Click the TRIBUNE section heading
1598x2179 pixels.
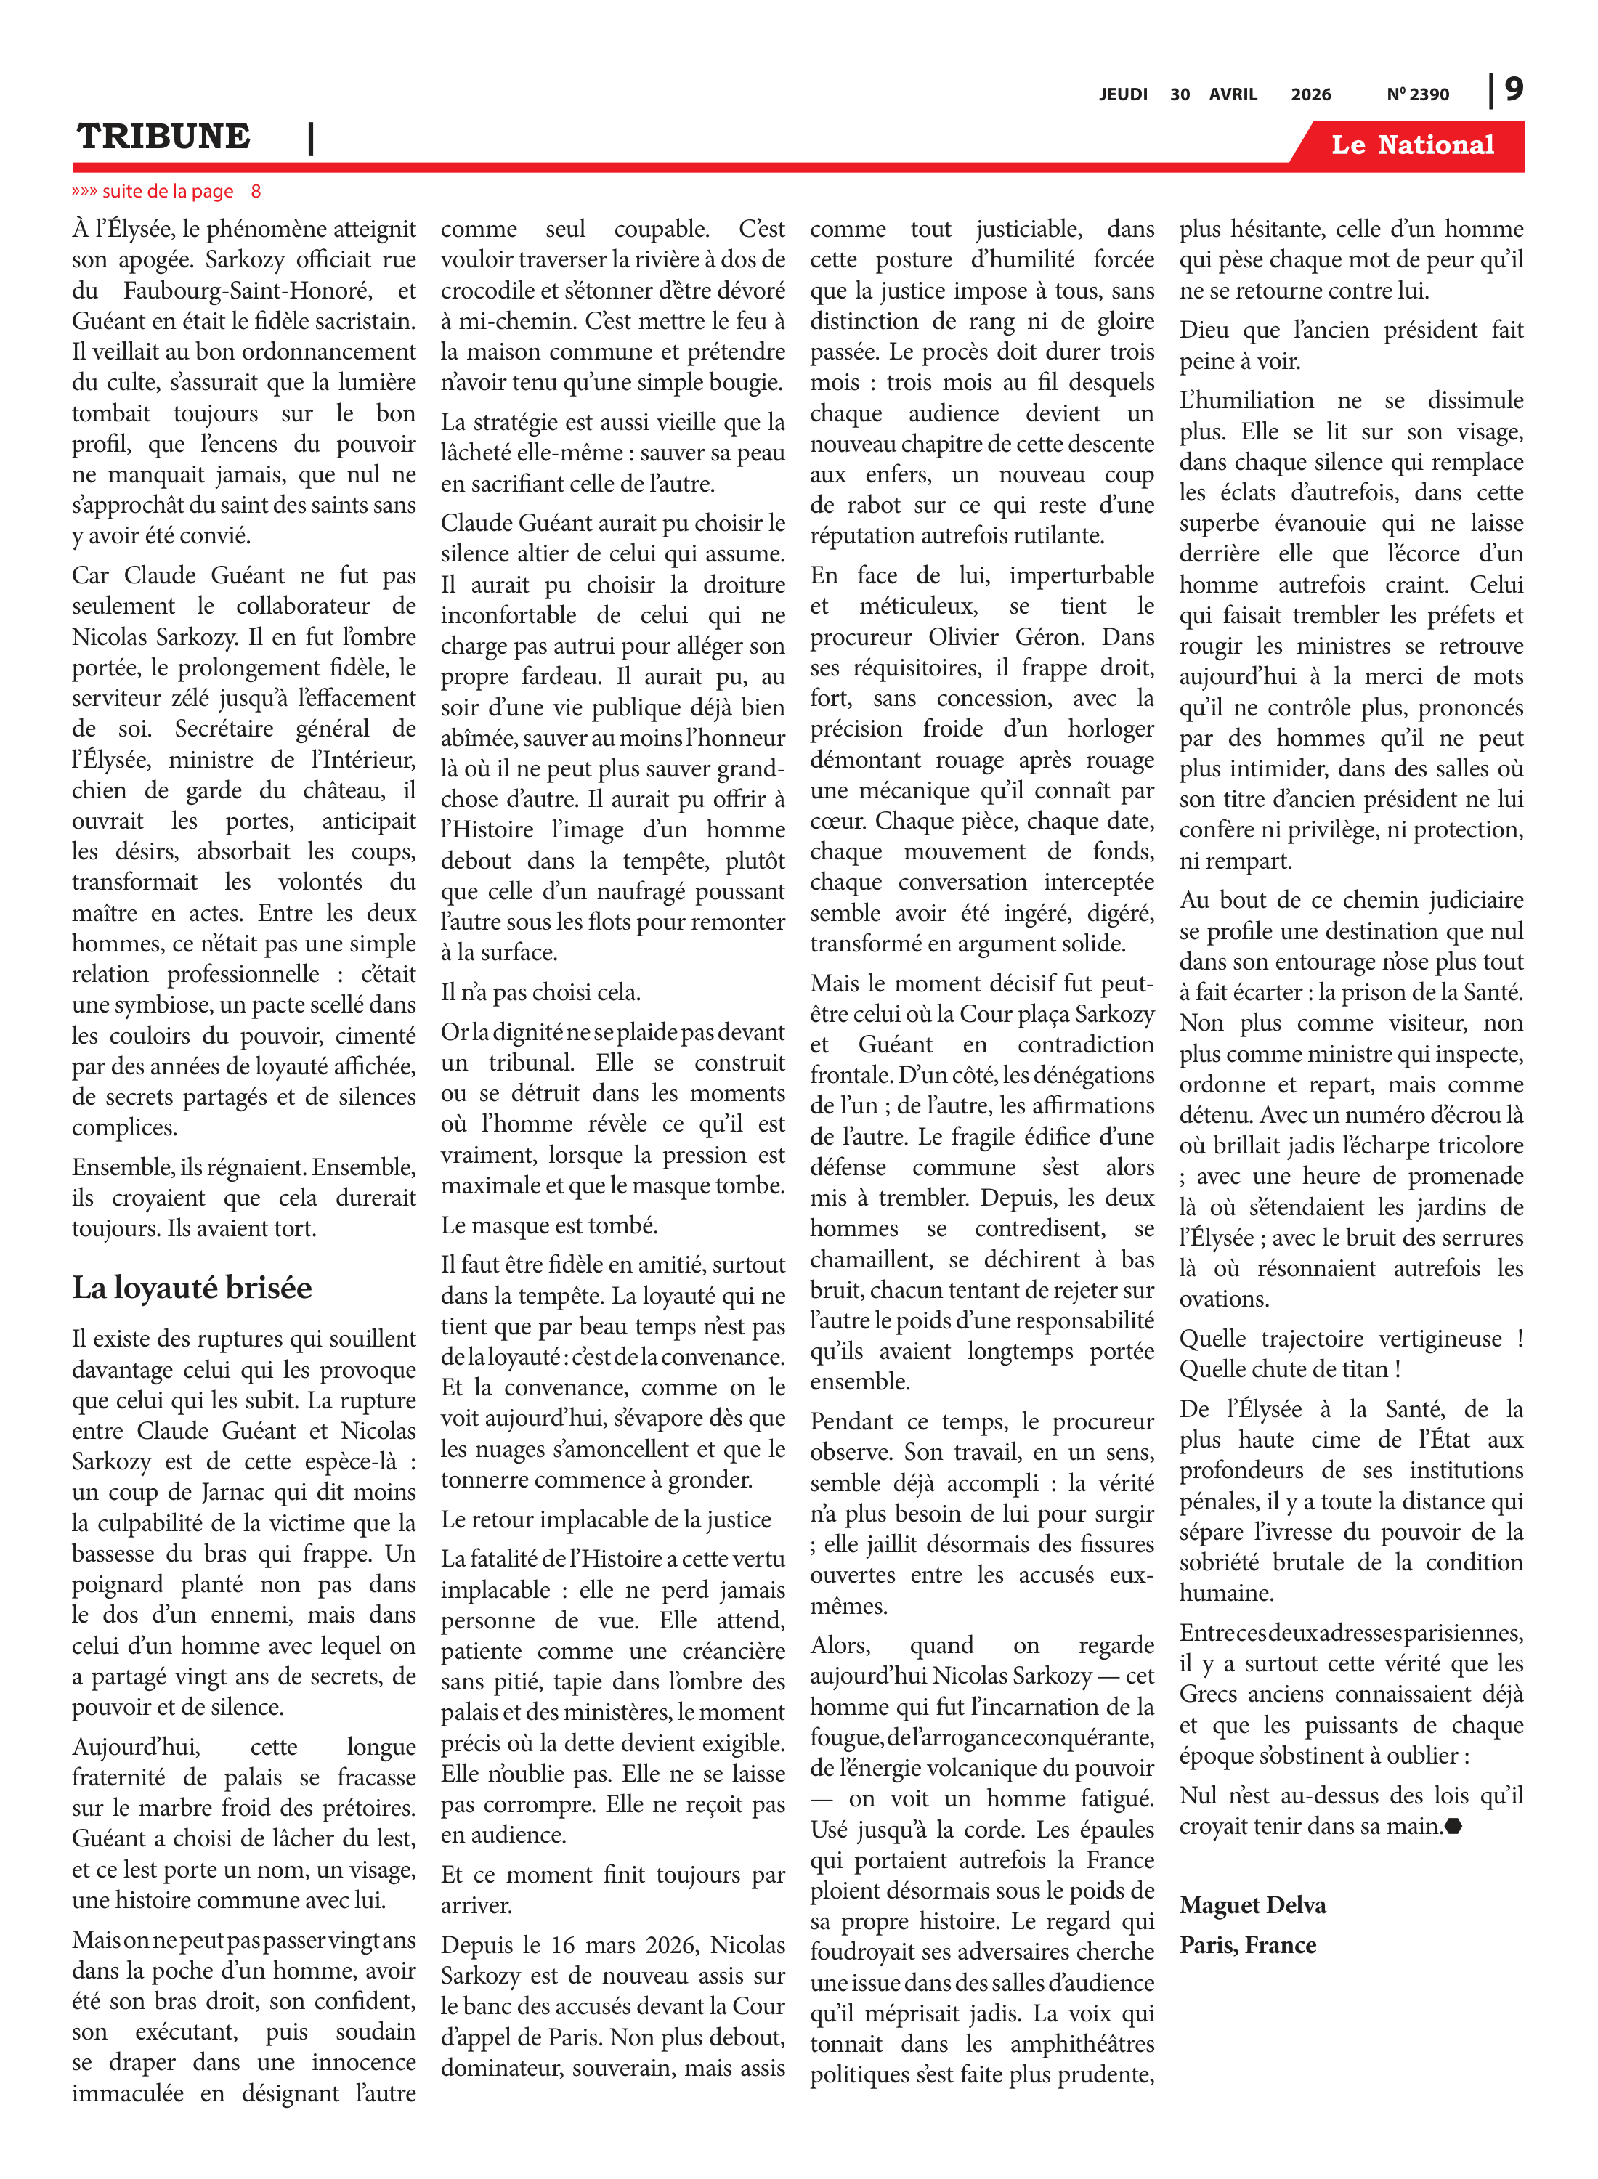click(x=163, y=137)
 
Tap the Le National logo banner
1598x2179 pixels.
click(x=1411, y=145)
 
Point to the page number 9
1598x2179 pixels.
click(x=1514, y=89)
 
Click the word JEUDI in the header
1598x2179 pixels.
click(x=1122, y=94)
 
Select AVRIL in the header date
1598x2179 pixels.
click(x=1233, y=94)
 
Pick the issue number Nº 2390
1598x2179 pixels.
click(x=1417, y=94)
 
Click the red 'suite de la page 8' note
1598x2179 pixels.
click(x=166, y=192)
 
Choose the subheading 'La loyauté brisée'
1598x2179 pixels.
click(x=192, y=1287)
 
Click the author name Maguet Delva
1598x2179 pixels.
click(x=1252, y=1905)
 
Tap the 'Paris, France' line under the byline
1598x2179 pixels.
click(x=1247, y=1945)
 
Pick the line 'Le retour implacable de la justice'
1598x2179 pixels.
click(x=606, y=1519)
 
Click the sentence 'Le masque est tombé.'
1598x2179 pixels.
click(x=548, y=1225)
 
